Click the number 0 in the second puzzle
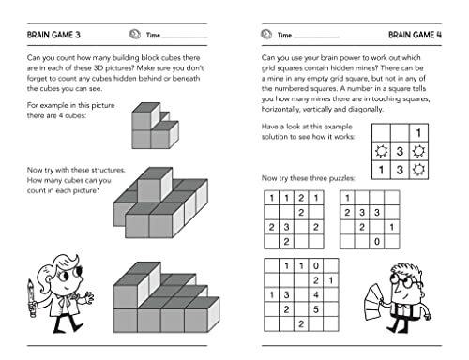pyautogui.click(x=377, y=241)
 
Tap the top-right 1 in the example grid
pyautogui.click(x=418, y=131)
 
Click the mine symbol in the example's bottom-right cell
pyautogui.click(x=418, y=169)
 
